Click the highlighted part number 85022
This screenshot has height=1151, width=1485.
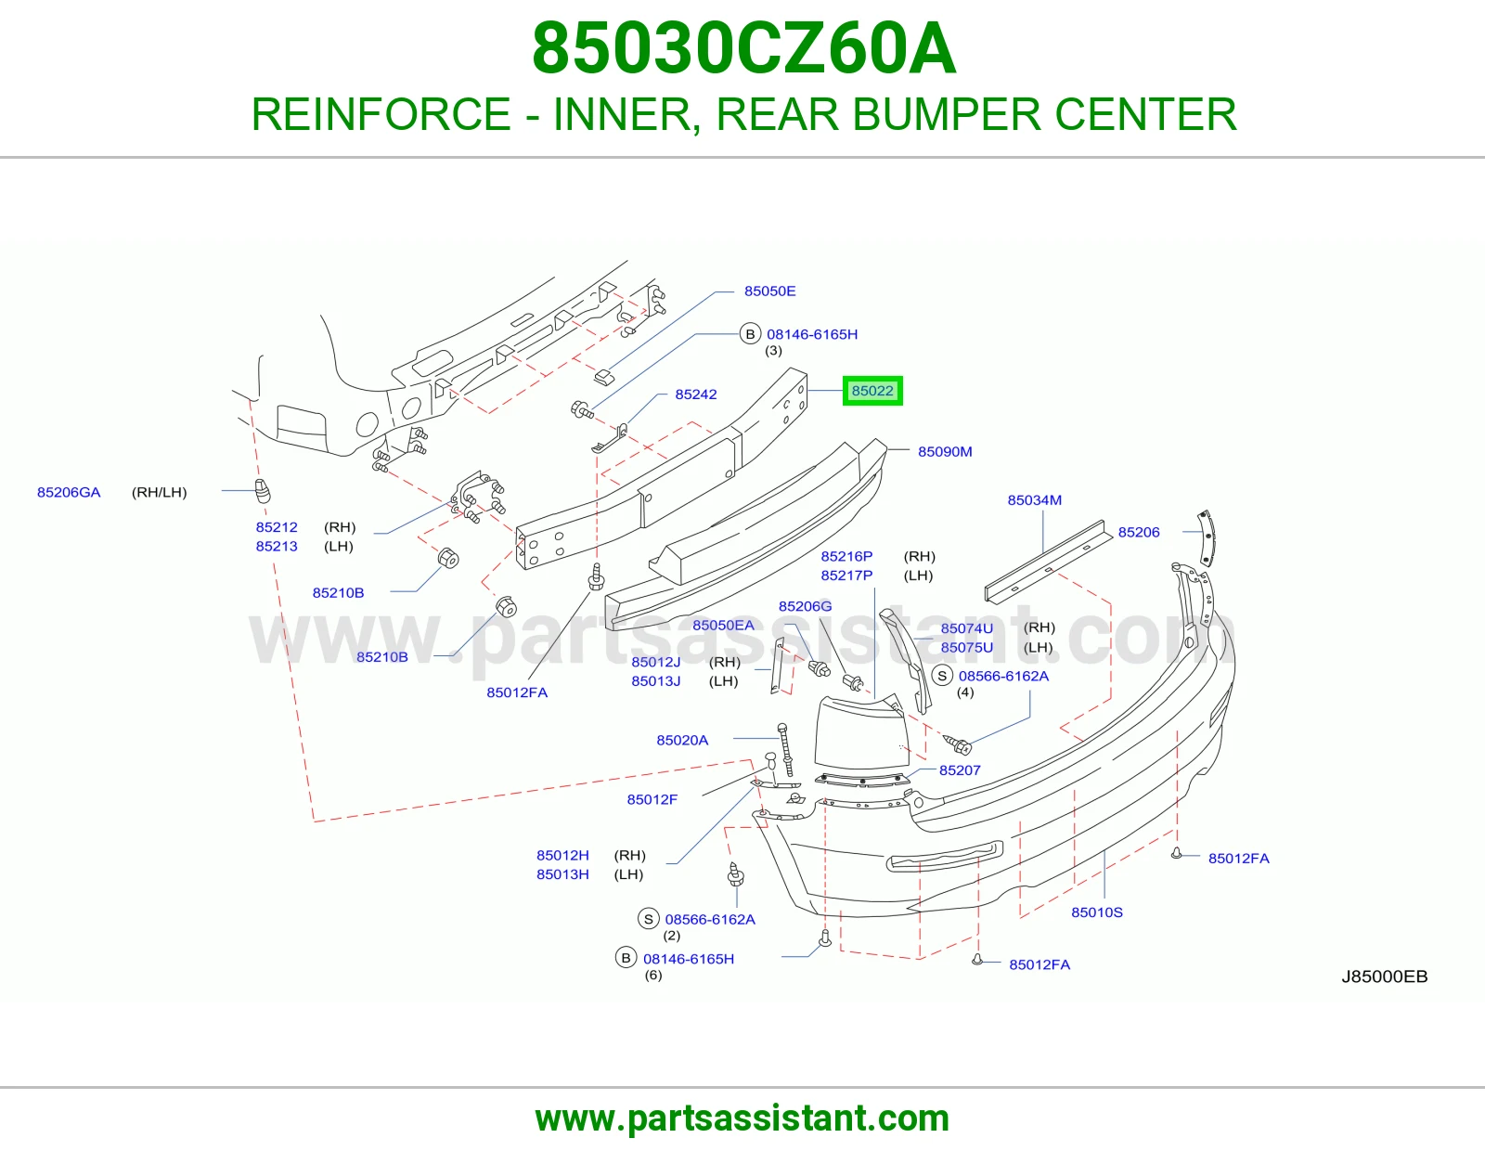pos(872,391)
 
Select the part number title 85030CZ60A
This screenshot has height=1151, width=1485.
pos(743,49)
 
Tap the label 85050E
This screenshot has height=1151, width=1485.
pos(769,291)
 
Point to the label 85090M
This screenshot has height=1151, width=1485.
pos(945,452)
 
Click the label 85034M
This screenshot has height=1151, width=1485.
pos(1035,500)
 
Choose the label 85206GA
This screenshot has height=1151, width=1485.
pos(69,493)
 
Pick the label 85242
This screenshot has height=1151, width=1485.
pos(696,394)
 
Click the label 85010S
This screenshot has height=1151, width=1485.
pos(1097,912)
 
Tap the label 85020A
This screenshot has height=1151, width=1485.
pos(682,740)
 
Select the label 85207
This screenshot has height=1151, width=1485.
pos(960,770)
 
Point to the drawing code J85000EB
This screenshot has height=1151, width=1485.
pos(1385,976)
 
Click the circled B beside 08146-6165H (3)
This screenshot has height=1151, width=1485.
pos(750,334)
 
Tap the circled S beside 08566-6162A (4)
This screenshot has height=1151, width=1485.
pos(942,676)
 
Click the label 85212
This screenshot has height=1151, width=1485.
pos(277,527)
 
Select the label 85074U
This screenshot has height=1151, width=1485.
pos(967,628)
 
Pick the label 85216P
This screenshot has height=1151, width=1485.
pos(846,556)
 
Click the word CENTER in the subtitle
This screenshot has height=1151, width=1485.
pos(1145,114)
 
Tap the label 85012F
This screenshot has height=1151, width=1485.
pos(652,800)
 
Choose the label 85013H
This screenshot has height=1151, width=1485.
pos(562,875)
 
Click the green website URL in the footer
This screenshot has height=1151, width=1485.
pos(742,1119)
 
